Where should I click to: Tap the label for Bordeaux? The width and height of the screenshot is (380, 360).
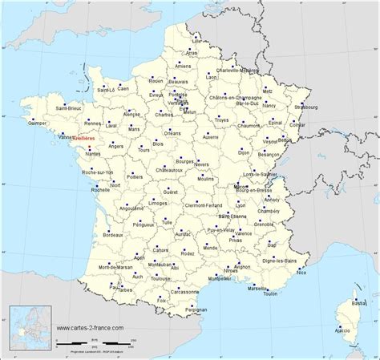[x=114, y=233]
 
